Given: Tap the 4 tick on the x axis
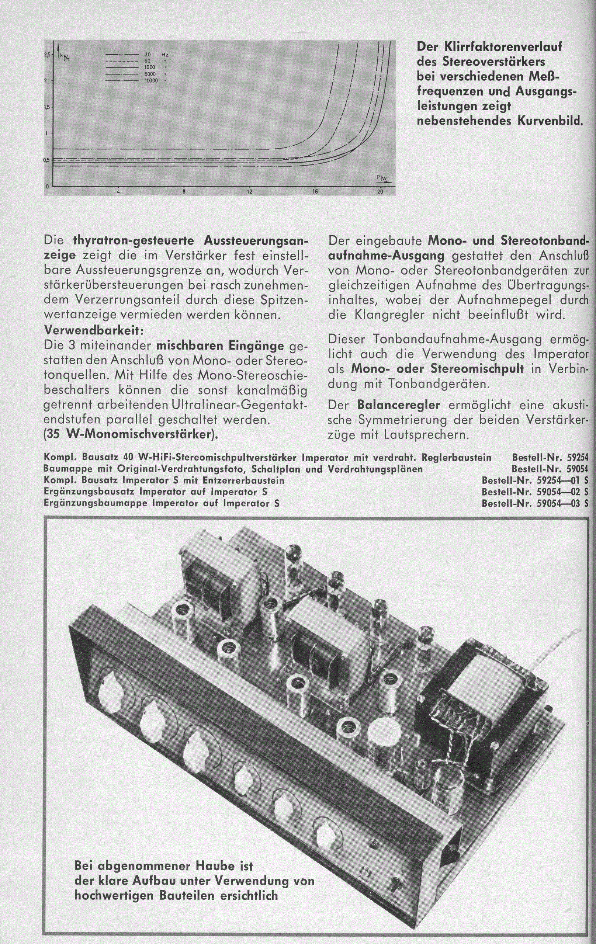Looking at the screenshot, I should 118,192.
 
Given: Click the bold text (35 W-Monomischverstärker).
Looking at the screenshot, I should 131,435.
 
